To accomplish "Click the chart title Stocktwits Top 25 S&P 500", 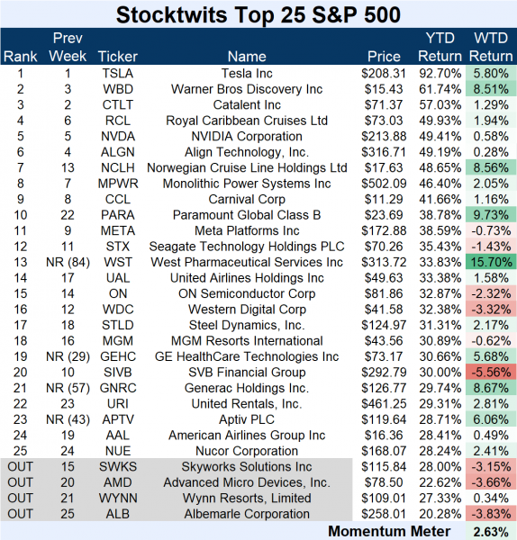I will [258, 14].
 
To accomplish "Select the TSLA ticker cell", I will [117, 73].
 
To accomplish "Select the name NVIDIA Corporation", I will [258, 136].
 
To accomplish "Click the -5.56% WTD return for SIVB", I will [492, 373].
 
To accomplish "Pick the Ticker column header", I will [117, 57].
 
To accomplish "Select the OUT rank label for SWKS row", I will [21, 467].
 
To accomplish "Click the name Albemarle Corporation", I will [258, 514].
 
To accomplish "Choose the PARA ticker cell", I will [117, 215].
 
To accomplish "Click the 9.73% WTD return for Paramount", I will [492, 215].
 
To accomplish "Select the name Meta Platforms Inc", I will [258, 230].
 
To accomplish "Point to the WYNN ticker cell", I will [117, 499].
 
